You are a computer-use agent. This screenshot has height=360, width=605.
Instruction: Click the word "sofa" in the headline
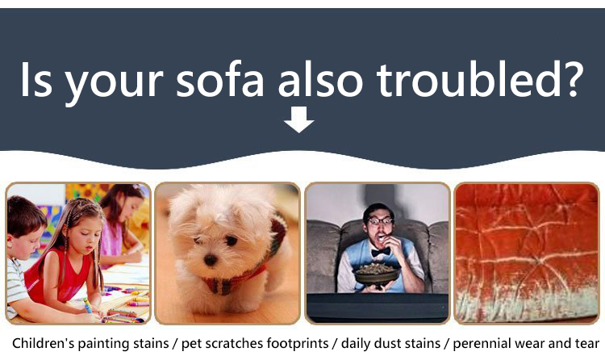220,79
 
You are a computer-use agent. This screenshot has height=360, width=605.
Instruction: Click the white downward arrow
299,119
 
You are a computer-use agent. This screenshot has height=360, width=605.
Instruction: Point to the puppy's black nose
211,260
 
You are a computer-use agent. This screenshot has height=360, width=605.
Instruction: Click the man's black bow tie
381,252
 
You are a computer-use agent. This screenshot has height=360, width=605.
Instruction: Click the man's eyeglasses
380,221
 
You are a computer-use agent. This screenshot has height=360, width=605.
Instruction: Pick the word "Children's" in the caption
44,343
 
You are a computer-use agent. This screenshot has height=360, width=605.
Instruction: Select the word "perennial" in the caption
478,344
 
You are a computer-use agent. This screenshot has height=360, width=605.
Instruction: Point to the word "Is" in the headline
35,79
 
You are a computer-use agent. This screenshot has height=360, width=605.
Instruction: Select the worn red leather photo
527,253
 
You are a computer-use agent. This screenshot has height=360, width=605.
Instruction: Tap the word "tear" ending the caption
586,343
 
